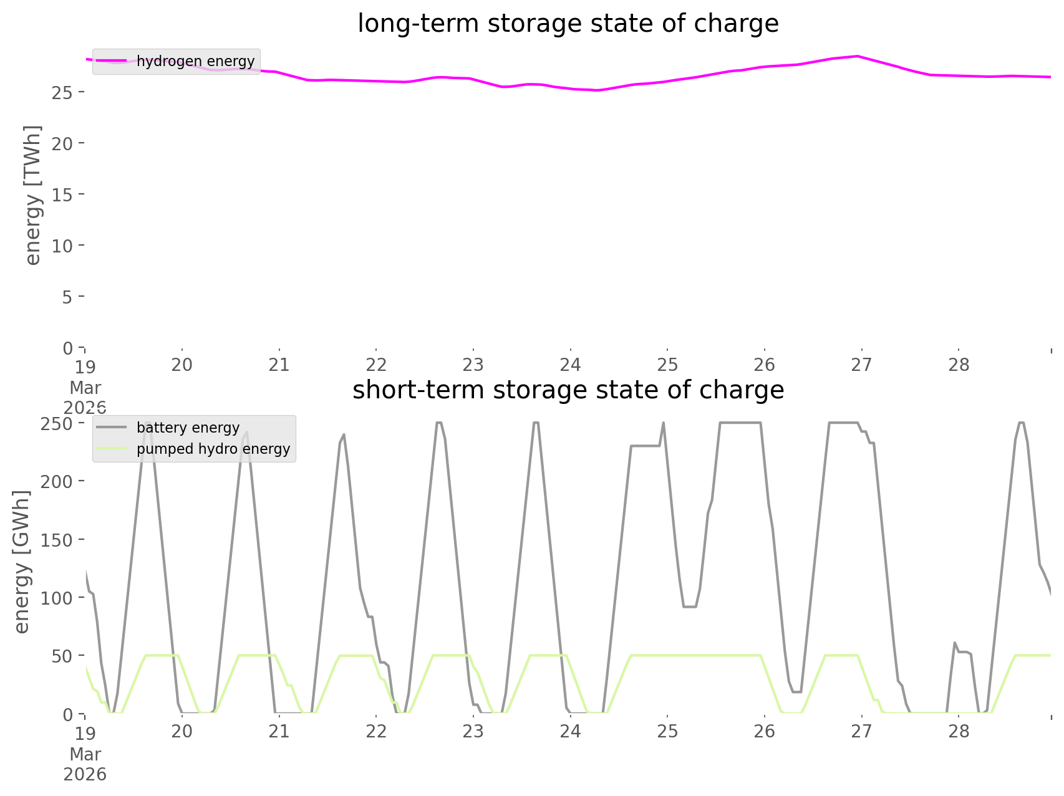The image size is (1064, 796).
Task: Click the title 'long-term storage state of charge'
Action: (568, 24)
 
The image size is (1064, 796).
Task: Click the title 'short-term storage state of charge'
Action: (568, 390)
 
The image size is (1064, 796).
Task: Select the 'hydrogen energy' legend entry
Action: (195, 61)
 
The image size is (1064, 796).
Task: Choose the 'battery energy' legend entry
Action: (188, 428)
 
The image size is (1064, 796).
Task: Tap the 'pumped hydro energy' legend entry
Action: (213, 449)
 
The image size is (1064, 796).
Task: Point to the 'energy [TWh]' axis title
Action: (32, 195)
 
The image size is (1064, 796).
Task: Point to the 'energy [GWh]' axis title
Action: (21, 562)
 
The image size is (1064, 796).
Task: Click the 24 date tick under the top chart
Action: (570, 365)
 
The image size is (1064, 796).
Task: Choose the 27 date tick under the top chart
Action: (861, 365)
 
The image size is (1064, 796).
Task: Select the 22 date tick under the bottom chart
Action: (376, 731)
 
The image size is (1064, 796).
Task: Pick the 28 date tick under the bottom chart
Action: (959, 731)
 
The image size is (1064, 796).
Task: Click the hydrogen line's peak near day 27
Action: (859, 56)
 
